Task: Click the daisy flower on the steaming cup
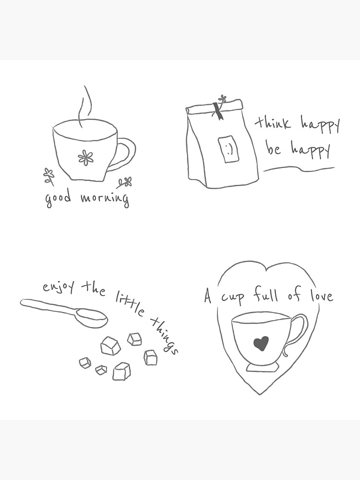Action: (85, 157)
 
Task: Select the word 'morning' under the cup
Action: (105, 198)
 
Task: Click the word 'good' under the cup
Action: (58, 198)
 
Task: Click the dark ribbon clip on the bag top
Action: (218, 111)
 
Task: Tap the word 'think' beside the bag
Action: (273, 123)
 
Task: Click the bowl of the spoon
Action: (91, 317)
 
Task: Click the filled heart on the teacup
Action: (261, 343)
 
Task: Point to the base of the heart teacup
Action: (262, 367)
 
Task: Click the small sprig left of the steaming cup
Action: (48, 175)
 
